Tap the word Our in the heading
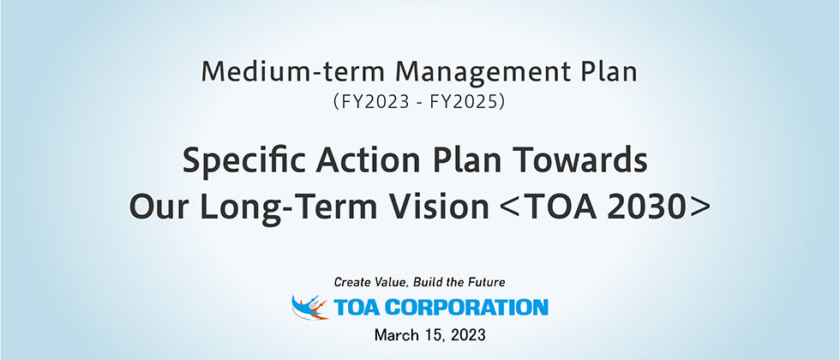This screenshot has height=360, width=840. click(158, 207)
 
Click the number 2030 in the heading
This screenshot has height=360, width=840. click(649, 207)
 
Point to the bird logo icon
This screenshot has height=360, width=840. click(309, 308)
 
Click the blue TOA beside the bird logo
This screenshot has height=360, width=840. click(356, 308)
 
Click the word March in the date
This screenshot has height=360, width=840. click(395, 335)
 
